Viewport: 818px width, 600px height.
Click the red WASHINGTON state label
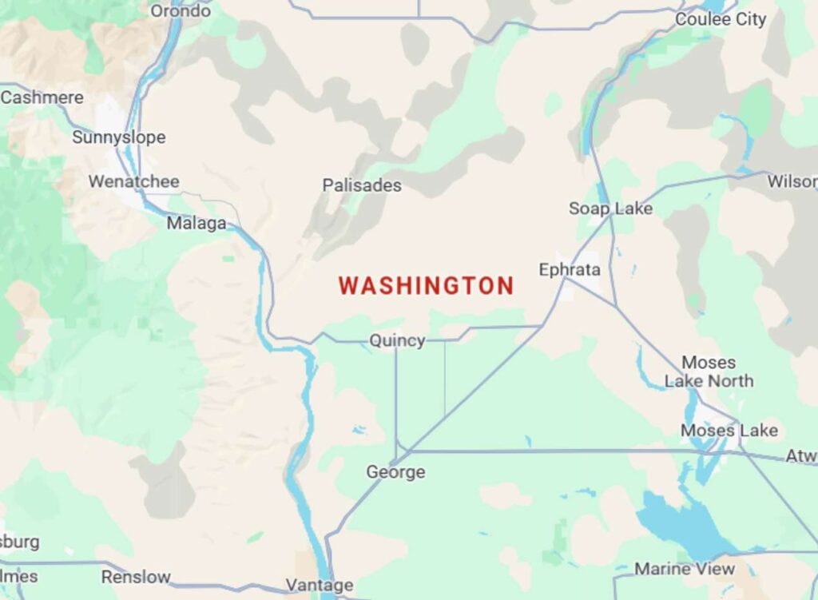pyautogui.click(x=426, y=286)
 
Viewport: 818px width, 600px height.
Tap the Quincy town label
pyautogui.click(x=397, y=341)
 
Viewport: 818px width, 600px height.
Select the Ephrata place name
pyautogui.click(x=570, y=270)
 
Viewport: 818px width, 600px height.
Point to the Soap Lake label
pyautogui.click(x=610, y=209)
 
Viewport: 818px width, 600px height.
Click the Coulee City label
pyautogui.click(x=721, y=19)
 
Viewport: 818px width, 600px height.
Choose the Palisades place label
pyautogui.click(x=362, y=185)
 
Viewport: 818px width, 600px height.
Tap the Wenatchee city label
pyautogui.click(x=133, y=181)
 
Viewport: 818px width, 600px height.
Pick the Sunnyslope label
pyautogui.click(x=119, y=137)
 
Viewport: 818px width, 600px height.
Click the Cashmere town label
pyautogui.click(x=42, y=97)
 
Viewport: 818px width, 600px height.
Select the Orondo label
pyautogui.click(x=181, y=11)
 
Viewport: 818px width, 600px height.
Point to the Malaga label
pyautogui.click(x=197, y=224)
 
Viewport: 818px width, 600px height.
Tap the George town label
pyautogui.click(x=395, y=472)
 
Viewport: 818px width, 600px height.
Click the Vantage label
pyautogui.click(x=320, y=586)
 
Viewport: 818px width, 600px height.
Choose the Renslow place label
pyautogui.click(x=136, y=576)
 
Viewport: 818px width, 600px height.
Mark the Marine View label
pyautogui.click(x=685, y=569)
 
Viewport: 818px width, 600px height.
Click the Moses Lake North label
pyautogui.click(x=709, y=372)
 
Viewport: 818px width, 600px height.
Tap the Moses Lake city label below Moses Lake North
pyautogui.click(x=729, y=431)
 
